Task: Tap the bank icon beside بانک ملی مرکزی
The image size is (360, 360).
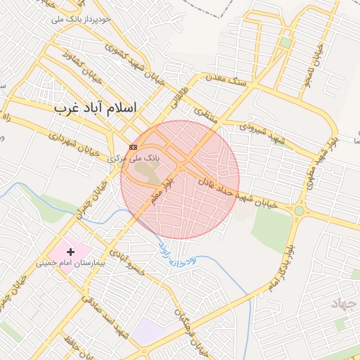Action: [134, 147]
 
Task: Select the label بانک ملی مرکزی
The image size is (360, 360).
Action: [134, 159]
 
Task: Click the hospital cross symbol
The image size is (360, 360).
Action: [70, 251]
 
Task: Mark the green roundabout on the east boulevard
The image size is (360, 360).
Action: [300, 210]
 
